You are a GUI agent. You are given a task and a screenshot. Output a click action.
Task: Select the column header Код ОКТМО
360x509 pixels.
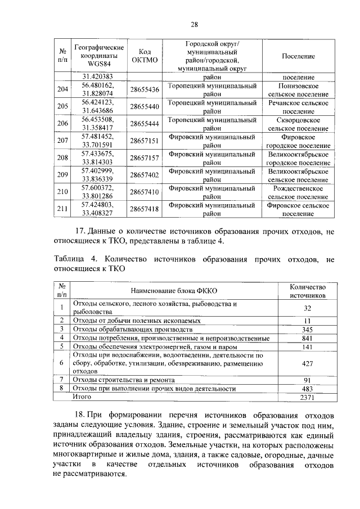pos(145,56)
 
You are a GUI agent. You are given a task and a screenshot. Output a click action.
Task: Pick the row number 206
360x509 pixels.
pos(63,124)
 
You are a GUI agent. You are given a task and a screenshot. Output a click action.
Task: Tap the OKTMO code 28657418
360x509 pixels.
pos(145,209)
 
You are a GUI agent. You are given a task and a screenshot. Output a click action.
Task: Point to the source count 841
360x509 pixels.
pos(307,338)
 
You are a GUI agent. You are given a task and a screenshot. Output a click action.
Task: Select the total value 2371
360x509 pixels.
pos(307,398)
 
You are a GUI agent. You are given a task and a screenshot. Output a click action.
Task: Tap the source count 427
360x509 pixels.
pos(307,363)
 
